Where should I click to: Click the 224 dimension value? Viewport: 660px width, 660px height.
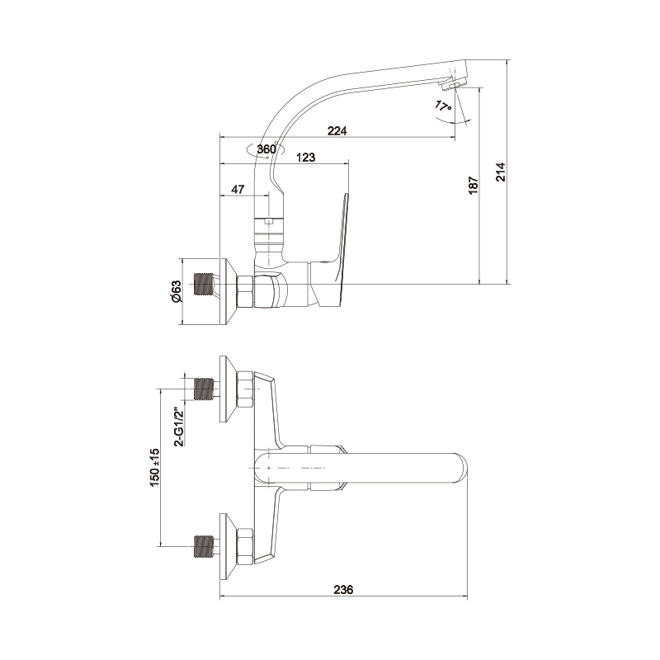[x=337, y=131]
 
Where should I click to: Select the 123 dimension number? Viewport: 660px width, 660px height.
[x=305, y=158]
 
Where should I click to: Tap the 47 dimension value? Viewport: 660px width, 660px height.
[x=238, y=190]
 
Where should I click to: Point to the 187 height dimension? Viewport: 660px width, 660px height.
[x=474, y=185]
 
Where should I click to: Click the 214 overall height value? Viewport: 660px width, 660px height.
[x=501, y=172]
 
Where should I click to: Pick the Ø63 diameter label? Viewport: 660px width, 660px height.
[x=176, y=291]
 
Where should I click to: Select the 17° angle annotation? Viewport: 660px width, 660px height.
[x=443, y=106]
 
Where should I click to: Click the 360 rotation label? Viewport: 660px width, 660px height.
[x=266, y=149]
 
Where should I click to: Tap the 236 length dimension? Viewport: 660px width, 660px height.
[x=343, y=590]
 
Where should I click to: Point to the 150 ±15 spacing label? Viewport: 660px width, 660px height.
[x=154, y=468]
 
